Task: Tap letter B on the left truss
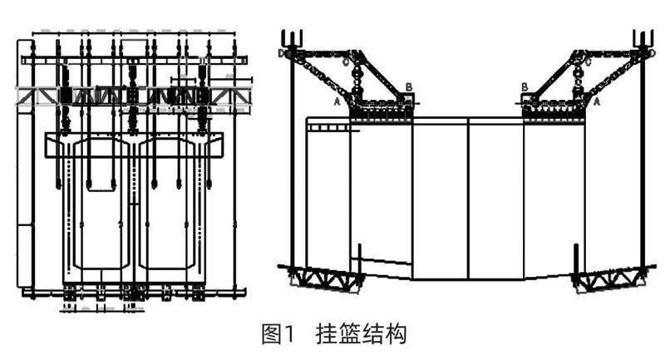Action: tap(408, 86)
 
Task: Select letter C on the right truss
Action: tap(588, 61)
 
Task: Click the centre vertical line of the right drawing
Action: tap(469, 200)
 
